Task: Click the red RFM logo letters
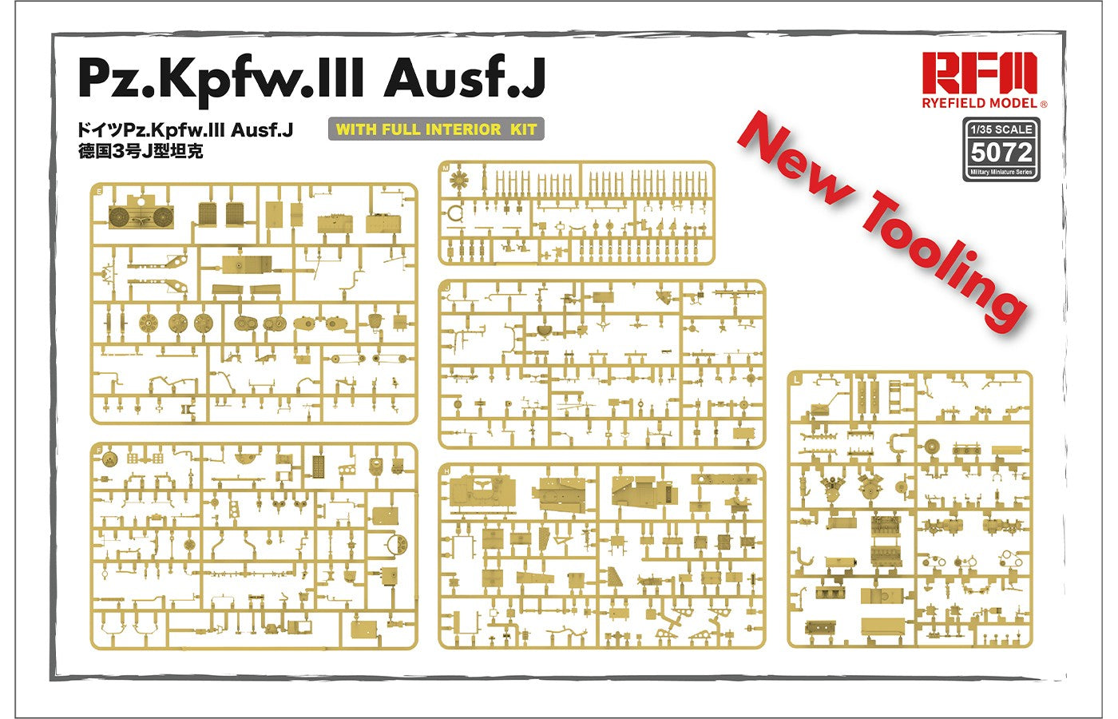click(x=979, y=73)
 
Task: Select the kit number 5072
click(x=1001, y=153)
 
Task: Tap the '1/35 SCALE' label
click(x=1001, y=129)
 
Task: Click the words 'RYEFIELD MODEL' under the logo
click(x=981, y=103)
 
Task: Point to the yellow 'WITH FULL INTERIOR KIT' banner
click(x=436, y=129)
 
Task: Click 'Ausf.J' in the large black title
click(x=464, y=78)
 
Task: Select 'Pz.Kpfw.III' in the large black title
click(x=220, y=81)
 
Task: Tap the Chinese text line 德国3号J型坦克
click(x=141, y=151)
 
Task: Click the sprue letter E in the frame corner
click(x=100, y=191)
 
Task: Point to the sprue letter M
click(x=446, y=169)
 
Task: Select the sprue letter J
click(x=447, y=287)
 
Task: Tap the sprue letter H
click(x=446, y=471)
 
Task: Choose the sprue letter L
click(x=797, y=380)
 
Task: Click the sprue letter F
click(x=99, y=451)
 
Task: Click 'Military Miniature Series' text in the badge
click(x=1001, y=173)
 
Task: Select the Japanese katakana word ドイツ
click(x=99, y=129)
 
